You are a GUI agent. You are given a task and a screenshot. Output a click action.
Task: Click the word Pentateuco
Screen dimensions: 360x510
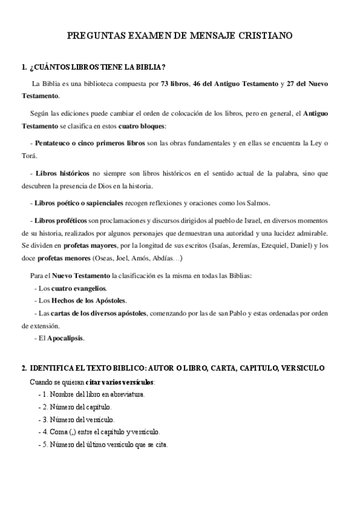[56, 143]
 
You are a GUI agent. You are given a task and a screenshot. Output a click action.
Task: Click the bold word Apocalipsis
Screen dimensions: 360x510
[66, 338]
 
